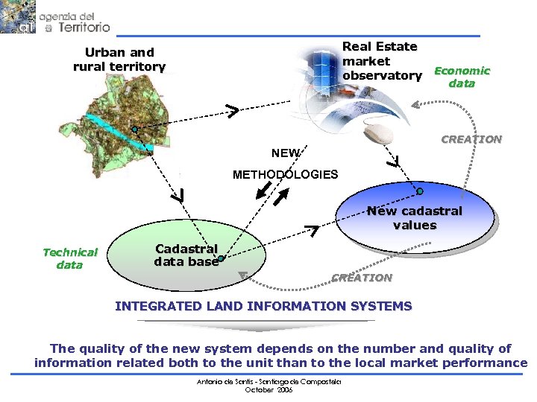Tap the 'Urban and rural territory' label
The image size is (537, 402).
coord(119,60)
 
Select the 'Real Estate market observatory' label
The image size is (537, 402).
coord(381,61)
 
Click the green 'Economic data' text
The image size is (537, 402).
coord(462,77)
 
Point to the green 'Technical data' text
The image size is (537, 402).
coord(70,258)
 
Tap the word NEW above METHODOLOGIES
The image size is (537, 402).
coord(286,153)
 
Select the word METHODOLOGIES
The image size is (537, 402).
coord(285,175)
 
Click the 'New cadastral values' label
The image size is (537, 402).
coord(415,218)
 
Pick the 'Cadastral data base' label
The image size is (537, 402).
coord(186,255)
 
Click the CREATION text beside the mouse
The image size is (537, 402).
coord(471,139)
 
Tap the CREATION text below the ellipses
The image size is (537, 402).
coord(362,278)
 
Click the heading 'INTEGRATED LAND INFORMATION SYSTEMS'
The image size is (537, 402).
coord(263,306)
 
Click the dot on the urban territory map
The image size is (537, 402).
coord(135,130)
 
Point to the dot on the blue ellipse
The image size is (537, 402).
coord(420,191)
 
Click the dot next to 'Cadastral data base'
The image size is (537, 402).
coord(222,258)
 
